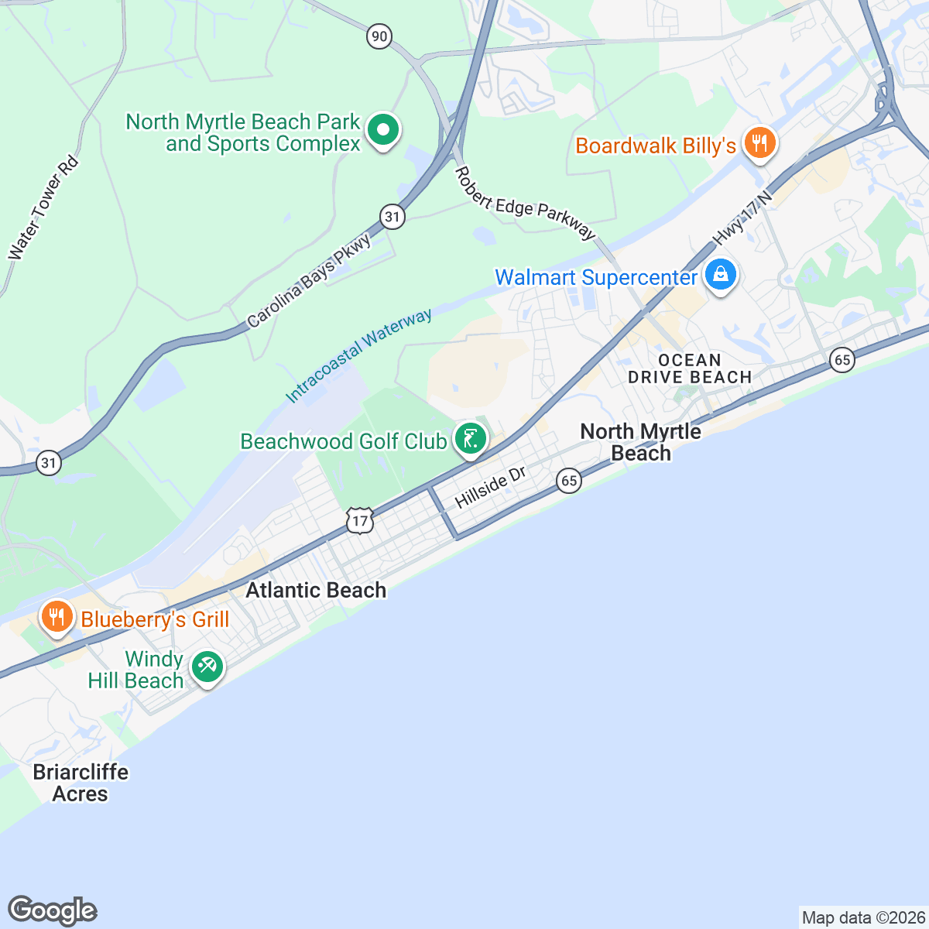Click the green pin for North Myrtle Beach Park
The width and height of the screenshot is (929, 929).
pyautogui.click(x=382, y=130)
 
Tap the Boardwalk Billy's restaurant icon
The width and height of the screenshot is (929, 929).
pyautogui.click(x=759, y=143)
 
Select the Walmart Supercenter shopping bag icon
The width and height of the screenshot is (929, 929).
pyautogui.click(x=721, y=275)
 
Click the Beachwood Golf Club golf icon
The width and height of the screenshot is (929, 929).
pyautogui.click(x=470, y=439)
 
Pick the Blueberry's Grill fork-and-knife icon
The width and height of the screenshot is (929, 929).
pyautogui.click(x=57, y=617)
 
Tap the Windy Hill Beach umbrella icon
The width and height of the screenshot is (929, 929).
pyautogui.click(x=207, y=667)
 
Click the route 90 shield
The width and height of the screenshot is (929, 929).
pyautogui.click(x=379, y=36)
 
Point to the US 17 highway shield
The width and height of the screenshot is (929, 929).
pyautogui.click(x=360, y=520)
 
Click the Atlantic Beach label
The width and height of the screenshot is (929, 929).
pyautogui.click(x=316, y=590)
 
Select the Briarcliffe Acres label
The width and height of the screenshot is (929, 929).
pyautogui.click(x=81, y=783)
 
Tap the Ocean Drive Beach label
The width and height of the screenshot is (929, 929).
pyautogui.click(x=689, y=369)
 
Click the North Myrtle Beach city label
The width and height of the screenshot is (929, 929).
pyautogui.click(x=641, y=442)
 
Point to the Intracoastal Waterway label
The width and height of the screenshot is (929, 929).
pyautogui.click(x=358, y=356)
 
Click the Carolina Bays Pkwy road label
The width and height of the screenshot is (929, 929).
pyautogui.click(x=309, y=280)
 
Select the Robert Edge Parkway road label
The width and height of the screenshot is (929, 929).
pyautogui.click(x=526, y=204)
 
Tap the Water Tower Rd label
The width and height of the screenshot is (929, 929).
pyautogui.click(x=43, y=207)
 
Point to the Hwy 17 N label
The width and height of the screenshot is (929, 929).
pyautogui.click(x=743, y=216)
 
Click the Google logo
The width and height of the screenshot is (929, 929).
pyautogui.click(x=52, y=911)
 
